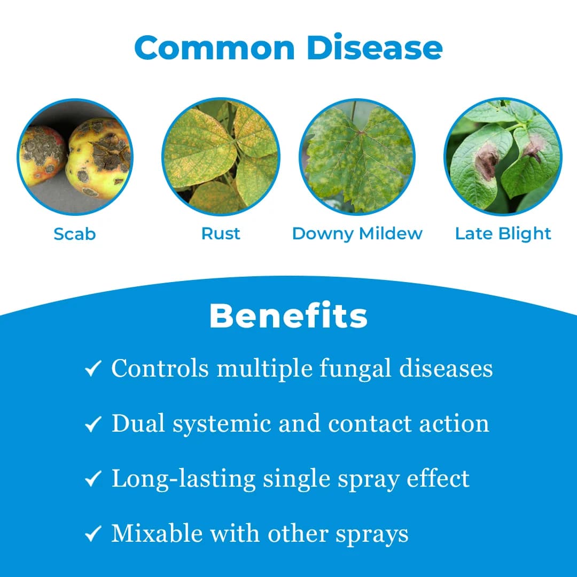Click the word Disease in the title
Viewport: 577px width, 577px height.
tap(375, 48)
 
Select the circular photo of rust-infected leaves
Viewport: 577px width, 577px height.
tap(221, 157)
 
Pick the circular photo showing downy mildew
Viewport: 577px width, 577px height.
tap(357, 157)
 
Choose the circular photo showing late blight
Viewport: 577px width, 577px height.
tap(503, 157)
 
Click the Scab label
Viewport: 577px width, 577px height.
tap(74, 233)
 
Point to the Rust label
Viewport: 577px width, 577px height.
tap(221, 233)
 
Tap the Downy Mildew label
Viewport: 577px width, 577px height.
tap(357, 233)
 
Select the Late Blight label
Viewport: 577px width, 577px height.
tap(503, 233)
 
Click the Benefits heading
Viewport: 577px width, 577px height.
tap(288, 316)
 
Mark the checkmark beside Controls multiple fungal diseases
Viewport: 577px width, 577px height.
tap(93, 369)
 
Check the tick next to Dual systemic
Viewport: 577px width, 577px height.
tap(93, 424)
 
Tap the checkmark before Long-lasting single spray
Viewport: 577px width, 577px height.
tap(93, 479)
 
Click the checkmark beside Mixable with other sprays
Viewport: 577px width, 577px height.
tap(93, 534)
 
